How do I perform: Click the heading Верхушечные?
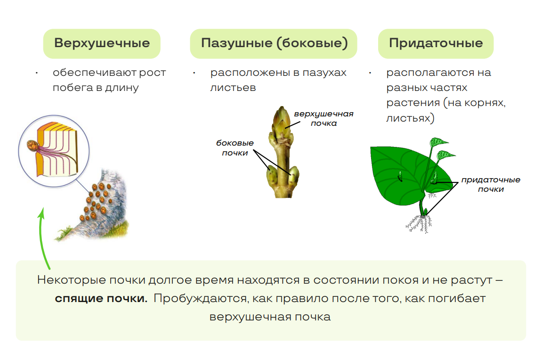[102, 43]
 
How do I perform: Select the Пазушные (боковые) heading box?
[274, 43]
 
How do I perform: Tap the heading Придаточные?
[436, 43]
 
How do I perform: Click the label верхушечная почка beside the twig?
[324, 119]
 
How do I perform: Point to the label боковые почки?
[235, 147]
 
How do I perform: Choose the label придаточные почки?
[491, 184]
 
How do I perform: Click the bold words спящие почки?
[101, 298]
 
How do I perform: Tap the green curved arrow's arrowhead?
[42, 213]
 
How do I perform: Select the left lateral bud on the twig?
[272, 177]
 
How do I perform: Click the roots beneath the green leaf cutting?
[420, 224]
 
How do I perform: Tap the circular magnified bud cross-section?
[54, 151]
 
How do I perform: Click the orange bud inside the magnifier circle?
[32, 146]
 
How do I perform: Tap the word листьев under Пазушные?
[233, 88]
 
